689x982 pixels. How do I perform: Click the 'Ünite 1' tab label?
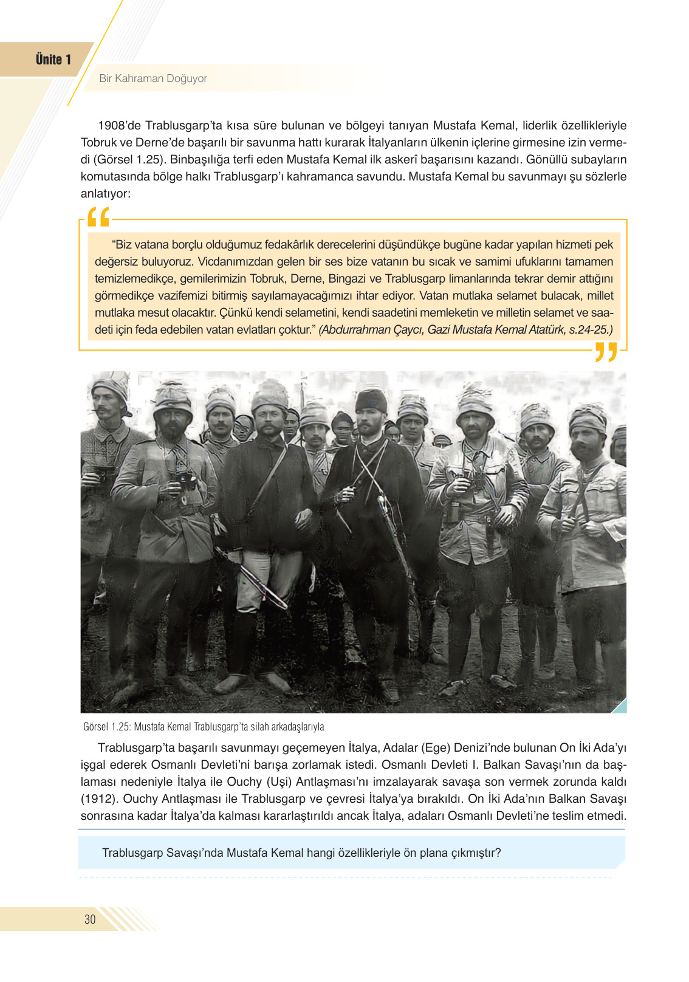pos(53,60)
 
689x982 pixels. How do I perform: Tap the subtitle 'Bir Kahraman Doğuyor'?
pos(153,78)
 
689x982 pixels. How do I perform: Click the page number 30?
pos(90,919)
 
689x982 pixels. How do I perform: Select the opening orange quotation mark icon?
pos(98,217)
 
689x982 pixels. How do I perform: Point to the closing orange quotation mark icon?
pos(606,352)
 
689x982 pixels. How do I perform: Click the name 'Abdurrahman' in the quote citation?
pos(354,330)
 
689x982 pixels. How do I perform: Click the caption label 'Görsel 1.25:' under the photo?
pos(107,727)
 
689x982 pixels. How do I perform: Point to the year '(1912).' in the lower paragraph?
pos(99,798)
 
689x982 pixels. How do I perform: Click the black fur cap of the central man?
pos(371,402)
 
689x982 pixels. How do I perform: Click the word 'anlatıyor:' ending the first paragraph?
pos(106,194)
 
